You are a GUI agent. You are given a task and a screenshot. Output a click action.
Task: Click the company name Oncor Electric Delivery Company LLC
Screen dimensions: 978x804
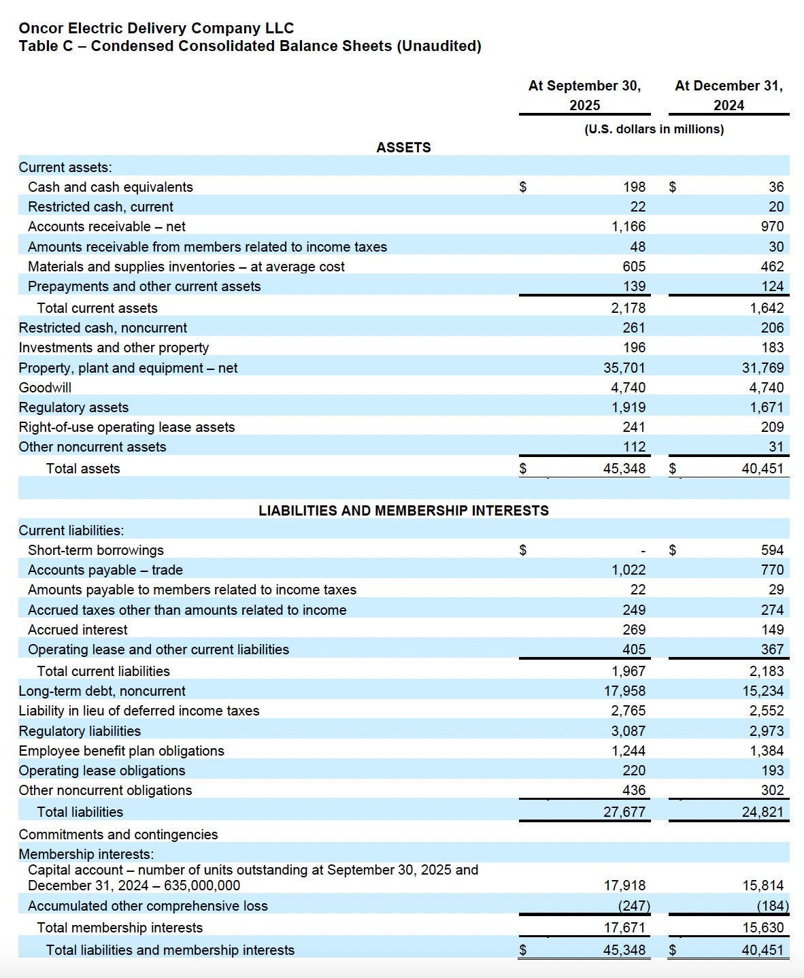pyautogui.click(x=156, y=28)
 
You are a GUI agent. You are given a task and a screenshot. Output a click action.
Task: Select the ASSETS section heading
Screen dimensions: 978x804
pyautogui.click(x=403, y=148)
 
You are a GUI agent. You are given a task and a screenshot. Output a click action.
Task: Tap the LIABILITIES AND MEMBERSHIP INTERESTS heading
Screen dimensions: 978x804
pyautogui.click(x=403, y=510)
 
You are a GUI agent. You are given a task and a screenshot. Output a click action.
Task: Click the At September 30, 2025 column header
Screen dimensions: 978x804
pyautogui.click(x=584, y=95)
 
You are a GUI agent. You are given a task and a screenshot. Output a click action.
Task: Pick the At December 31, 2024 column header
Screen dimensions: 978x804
pyautogui.click(x=728, y=95)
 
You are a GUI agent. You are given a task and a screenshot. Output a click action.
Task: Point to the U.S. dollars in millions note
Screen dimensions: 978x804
pyautogui.click(x=654, y=129)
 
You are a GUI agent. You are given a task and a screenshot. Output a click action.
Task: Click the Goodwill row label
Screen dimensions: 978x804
pyautogui.click(x=45, y=388)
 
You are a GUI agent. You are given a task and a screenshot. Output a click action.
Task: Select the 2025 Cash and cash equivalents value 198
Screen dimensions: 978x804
pyautogui.click(x=634, y=187)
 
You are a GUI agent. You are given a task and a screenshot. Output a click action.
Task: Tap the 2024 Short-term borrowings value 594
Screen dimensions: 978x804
pyautogui.click(x=772, y=550)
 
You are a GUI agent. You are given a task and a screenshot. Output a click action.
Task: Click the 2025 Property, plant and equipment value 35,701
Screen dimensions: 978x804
pyautogui.click(x=624, y=368)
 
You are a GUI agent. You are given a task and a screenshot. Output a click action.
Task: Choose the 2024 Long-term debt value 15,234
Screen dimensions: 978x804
pyautogui.click(x=763, y=691)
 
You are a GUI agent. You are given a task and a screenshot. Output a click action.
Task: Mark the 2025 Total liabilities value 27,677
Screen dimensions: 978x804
pyautogui.click(x=624, y=812)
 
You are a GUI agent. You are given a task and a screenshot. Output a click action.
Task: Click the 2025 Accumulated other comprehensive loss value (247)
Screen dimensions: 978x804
pyautogui.click(x=633, y=906)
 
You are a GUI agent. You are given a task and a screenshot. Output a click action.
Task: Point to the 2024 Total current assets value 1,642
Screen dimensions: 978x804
pyautogui.click(x=767, y=308)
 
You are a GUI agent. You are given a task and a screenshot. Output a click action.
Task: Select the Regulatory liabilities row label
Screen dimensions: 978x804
pyautogui.click(x=80, y=731)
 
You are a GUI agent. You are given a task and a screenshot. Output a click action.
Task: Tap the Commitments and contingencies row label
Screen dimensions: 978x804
pyautogui.click(x=118, y=834)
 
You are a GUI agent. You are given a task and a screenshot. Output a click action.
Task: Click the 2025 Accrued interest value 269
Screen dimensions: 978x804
pyautogui.click(x=634, y=630)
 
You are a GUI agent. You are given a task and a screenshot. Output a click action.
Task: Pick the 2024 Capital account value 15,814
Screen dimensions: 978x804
pyautogui.click(x=763, y=886)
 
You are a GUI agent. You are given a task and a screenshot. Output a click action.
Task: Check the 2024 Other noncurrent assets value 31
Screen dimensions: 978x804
pyautogui.click(x=776, y=447)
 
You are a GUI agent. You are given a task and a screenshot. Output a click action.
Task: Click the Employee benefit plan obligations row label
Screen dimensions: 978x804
pyautogui.click(x=121, y=751)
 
